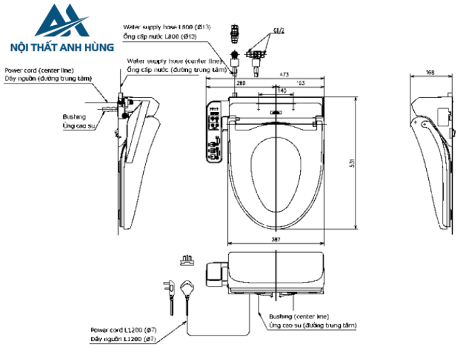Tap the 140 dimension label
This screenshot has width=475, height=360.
(282, 90)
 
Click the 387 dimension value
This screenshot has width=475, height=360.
(275, 240)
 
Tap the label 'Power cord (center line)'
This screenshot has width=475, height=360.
(39, 70)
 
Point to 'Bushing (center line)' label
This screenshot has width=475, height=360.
(300, 317)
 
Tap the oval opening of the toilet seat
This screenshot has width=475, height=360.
(275, 176)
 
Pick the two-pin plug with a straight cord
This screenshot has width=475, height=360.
(168, 291)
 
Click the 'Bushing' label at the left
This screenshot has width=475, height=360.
(74, 116)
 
